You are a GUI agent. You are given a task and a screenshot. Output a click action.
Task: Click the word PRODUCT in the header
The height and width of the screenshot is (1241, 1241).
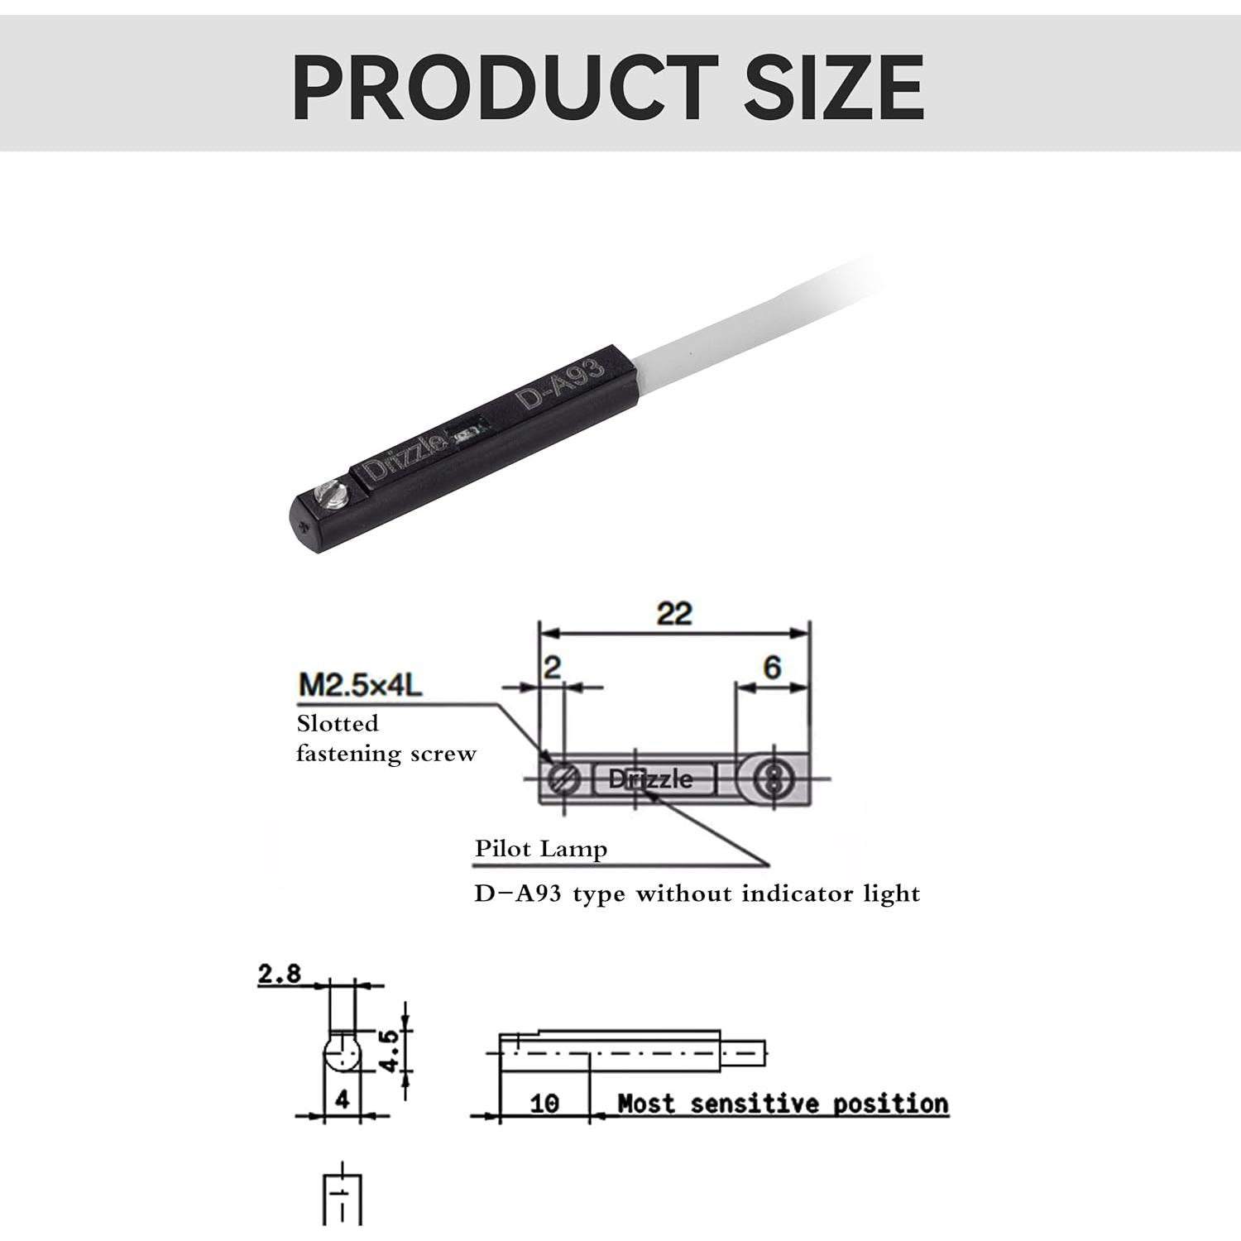click(x=505, y=86)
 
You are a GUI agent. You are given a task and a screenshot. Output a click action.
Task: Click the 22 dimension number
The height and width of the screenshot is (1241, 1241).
click(x=674, y=614)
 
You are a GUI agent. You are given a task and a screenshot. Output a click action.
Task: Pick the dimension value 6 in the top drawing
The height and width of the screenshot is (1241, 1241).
click(x=772, y=667)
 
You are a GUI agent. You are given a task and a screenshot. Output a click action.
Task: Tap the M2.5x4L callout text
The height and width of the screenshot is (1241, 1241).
click(x=360, y=685)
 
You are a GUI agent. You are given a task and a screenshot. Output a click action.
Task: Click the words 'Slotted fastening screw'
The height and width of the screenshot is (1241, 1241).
click(x=386, y=738)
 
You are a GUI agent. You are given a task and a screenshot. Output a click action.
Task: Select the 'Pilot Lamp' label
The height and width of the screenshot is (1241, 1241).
click(x=541, y=849)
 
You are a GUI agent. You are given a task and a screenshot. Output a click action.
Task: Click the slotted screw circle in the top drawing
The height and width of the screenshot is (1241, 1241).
click(x=563, y=779)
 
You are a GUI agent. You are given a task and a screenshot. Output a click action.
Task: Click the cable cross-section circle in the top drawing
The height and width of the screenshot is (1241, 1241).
click(x=773, y=779)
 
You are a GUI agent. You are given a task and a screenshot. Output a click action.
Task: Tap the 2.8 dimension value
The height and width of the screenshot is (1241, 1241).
click(x=280, y=974)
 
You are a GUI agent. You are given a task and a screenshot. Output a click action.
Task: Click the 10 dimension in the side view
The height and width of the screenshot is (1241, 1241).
click(x=544, y=1103)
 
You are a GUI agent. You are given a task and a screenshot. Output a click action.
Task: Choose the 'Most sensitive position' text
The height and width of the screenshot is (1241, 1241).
click(x=783, y=1104)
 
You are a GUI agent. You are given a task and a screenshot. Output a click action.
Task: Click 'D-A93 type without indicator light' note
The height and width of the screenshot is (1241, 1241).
click(x=697, y=894)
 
